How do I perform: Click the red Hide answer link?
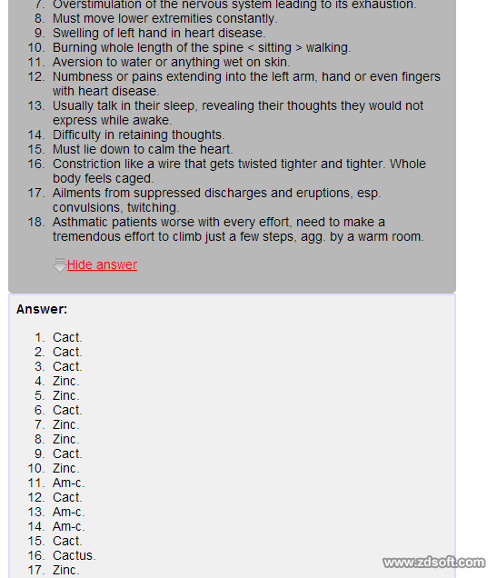pyautogui.click(x=102, y=264)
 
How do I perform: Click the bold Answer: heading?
pyautogui.click(x=42, y=309)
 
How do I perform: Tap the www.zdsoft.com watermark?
pyautogui.click(x=433, y=563)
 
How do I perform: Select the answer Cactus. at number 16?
pyautogui.click(x=74, y=555)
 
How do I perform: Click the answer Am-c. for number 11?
pyautogui.click(x=68, y=483)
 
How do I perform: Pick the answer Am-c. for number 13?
pyautogui.click(x=68, y=512)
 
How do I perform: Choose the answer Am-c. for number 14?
pyautogui.click(x=68, y=526)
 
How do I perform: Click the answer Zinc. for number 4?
pyautogui.click(x=65, y=381)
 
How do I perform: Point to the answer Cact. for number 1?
pyautogui.click(x=67, y=337)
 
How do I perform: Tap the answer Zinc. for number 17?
pyautogui.click(x=65, y=570)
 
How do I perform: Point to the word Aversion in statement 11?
pyautogui.click(x=78, y=62)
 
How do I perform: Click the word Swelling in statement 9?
pyautogui.click(x=77, y=33)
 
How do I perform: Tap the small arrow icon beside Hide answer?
pyautogui.click(x=59, y=265)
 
